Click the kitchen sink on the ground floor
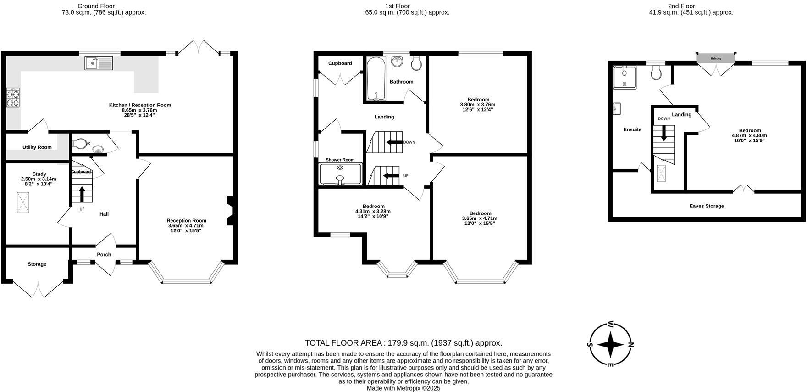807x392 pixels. click(99, 63)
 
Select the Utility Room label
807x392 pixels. click(37, 147)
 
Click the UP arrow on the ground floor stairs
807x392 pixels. click(82, 194)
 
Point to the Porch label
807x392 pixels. click(104, 255)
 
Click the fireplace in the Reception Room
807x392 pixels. click(229, 211)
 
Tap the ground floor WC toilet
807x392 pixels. click(80, 144)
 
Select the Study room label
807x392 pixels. click(39, 174)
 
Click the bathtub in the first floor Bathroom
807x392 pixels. click(376, 78)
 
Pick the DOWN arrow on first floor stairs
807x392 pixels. click(394, 142)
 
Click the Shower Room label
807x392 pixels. click(340, 160)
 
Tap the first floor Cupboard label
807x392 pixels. click(340, 63)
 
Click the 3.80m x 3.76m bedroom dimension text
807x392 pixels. click(478, 105)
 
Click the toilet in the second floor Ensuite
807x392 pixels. click(656, 72)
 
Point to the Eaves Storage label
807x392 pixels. click(706, 206)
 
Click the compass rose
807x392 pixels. click(610, 344)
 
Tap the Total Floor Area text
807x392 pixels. click(403, 343)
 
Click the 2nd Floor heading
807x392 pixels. click(681, 6)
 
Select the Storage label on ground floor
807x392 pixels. click(37, 264)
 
